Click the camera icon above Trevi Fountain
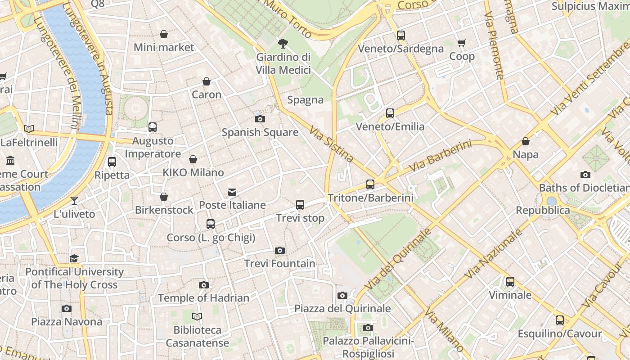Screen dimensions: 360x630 point(279,250)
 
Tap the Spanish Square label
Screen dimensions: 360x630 point(260,132)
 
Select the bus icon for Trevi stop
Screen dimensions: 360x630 point(300,205)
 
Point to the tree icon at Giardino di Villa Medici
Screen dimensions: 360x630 point(283,44)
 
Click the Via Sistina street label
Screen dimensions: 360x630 point(331,144)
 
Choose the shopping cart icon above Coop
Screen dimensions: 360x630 point(461,43)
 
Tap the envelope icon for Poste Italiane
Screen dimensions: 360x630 point(232,192)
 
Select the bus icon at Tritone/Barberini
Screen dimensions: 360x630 point(370,184)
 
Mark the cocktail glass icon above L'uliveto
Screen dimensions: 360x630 point(74,201)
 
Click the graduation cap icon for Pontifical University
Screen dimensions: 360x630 point(74,258)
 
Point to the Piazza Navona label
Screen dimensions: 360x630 point(67,322)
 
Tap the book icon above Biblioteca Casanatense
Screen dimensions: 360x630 point(197,316)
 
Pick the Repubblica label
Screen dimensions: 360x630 point(543,210)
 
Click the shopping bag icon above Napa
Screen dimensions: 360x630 point(525,141)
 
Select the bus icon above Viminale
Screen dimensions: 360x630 point(510,282)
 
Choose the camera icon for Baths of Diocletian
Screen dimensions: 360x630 point(585,175)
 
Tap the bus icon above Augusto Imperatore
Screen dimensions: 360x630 point(153,127)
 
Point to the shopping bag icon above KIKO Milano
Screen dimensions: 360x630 point(193,159)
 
